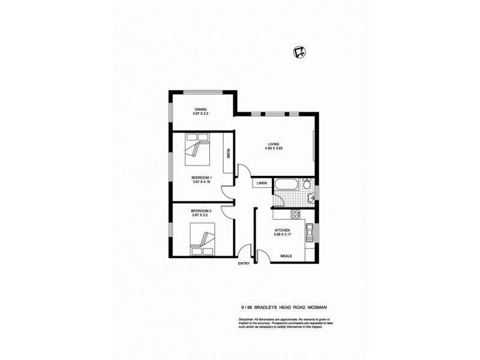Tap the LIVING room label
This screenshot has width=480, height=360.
coord(274,144)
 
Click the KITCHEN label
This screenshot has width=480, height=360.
coord(283,230)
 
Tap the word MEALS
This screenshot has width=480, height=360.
coord(286,256)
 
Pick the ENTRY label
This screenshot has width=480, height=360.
coord(244,263)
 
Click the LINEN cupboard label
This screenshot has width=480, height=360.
coord(262,182)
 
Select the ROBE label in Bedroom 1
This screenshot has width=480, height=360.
coord(229,153)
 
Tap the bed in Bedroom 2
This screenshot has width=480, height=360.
coord(202,238)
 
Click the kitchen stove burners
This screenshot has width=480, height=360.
coord(295,215)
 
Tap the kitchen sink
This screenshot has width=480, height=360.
coord(310,232)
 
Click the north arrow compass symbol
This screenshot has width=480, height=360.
coord(297,53)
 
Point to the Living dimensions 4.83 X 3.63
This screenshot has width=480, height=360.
coord(274,149)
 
